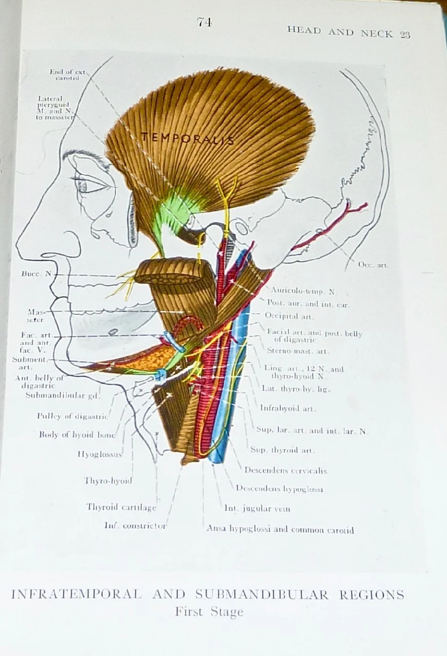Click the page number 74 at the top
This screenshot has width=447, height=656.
(x=204, y=22)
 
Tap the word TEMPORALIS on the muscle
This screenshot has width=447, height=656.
(x=187, y=138)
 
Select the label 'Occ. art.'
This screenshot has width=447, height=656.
(x=373, y=265)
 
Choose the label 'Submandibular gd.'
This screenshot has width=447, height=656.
(x=63, y=395)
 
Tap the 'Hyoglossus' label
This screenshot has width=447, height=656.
(x=100, y=454)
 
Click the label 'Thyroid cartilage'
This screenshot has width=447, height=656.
(x=121, y=507)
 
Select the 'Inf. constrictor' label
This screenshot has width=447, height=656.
(x=135, y=525)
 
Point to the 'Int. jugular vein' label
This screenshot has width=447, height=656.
(x=257, y=508)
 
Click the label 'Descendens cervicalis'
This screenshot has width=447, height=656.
(x=285, y=470)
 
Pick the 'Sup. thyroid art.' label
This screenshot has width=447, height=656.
(x=282, y=450)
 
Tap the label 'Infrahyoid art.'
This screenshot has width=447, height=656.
(x=287, y=408)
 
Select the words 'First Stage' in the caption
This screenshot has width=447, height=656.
(x=209, y=611)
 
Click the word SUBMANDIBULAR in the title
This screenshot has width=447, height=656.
(x=261, y=594)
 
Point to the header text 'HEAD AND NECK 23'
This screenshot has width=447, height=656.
(x=348, y=33)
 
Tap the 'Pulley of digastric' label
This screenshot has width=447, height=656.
(x=72, y=416)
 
